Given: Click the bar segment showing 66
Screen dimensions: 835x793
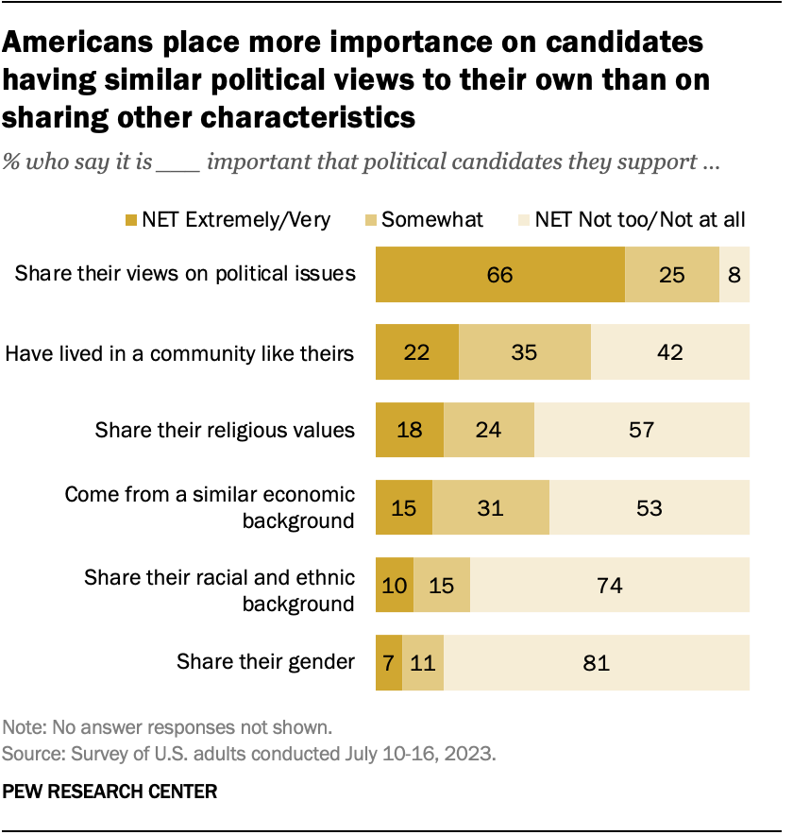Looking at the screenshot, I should pyautogui.click(x=499, y=275).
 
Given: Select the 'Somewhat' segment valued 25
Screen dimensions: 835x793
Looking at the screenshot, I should pyautogui.click(x=671, y=275).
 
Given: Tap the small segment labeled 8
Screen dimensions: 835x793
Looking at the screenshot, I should pyautogui.click(x=734, y=275).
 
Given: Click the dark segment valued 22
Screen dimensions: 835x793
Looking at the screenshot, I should pyautogui.click(x=416, y=353).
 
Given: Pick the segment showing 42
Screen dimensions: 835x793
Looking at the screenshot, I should pyautogui.click(x=670, y=353).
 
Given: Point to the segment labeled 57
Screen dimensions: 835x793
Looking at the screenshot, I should pyautogui.click(x=642, y=431).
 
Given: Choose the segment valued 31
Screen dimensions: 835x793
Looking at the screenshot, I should pyautogui.click(x=490, y=508).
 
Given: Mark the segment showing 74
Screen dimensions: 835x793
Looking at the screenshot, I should pyautogui.click(x=610, y=586).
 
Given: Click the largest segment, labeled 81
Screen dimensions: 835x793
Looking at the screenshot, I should pyautogui.click(x=597, y=662).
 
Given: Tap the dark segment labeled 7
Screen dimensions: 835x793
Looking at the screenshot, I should pyautogui.click(x=389, y=662).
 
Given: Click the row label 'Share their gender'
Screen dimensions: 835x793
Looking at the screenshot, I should pyautogui.click(x=265, y=662).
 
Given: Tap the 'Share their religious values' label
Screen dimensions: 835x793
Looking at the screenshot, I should pyautogui.click(x=225, y=431).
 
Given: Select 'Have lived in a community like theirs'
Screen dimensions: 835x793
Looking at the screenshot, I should pyautogui.click(x=179, y=353).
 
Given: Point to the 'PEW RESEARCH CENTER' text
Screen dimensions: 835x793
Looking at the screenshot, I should pyautogui.click(x=110, y=792).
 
